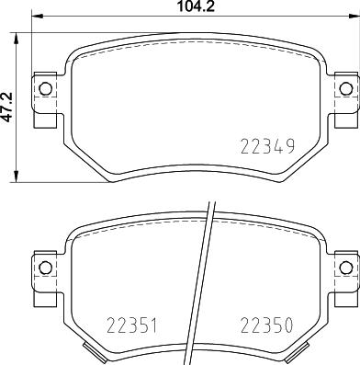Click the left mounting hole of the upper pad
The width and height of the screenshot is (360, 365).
click(43, 88)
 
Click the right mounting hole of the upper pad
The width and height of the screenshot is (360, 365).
click(345, 88)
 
